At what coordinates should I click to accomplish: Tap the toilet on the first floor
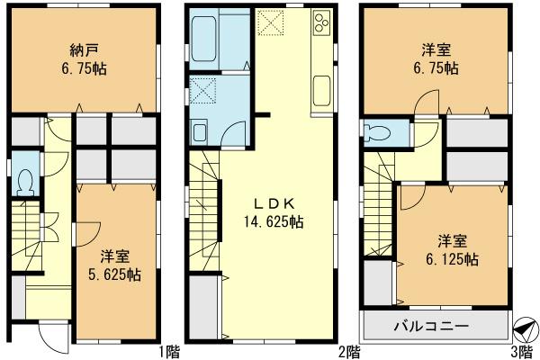coord(26,181)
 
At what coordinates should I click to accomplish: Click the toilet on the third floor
coord(378,133)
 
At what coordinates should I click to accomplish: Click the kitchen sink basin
coord(322,90)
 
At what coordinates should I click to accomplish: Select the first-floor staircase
coord(27,234)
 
